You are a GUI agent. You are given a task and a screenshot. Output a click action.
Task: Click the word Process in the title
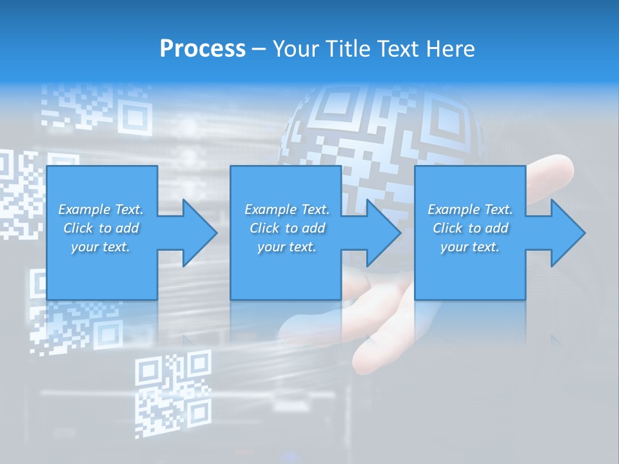[x=202, y=49]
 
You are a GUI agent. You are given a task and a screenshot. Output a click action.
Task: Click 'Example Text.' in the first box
[x=101, y=209]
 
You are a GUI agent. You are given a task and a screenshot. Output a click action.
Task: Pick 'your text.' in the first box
[x=101, y=247]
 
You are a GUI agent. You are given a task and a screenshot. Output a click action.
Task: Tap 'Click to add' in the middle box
[x=287, y=228]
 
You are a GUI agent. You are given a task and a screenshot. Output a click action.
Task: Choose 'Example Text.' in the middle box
[x=287, y=209]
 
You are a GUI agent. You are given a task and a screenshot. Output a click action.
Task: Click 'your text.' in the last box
[x=470, y=247]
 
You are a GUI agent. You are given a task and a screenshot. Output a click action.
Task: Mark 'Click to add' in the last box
[x=470, y=228]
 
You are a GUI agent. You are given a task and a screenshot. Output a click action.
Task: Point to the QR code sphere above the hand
[x=380, y=129]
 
